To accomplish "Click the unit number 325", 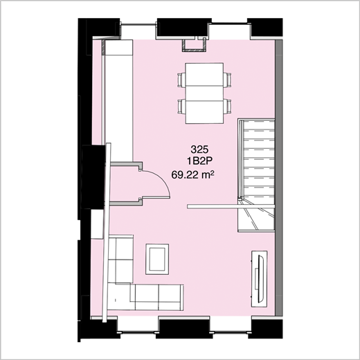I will point(199,150).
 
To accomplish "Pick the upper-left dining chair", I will point(182,79).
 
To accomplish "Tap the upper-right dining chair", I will point(226,79).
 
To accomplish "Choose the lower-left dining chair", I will point(182,107).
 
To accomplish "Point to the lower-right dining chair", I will point(226,107).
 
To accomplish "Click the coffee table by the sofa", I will point(156,259).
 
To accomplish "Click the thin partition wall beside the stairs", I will point(215,206).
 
